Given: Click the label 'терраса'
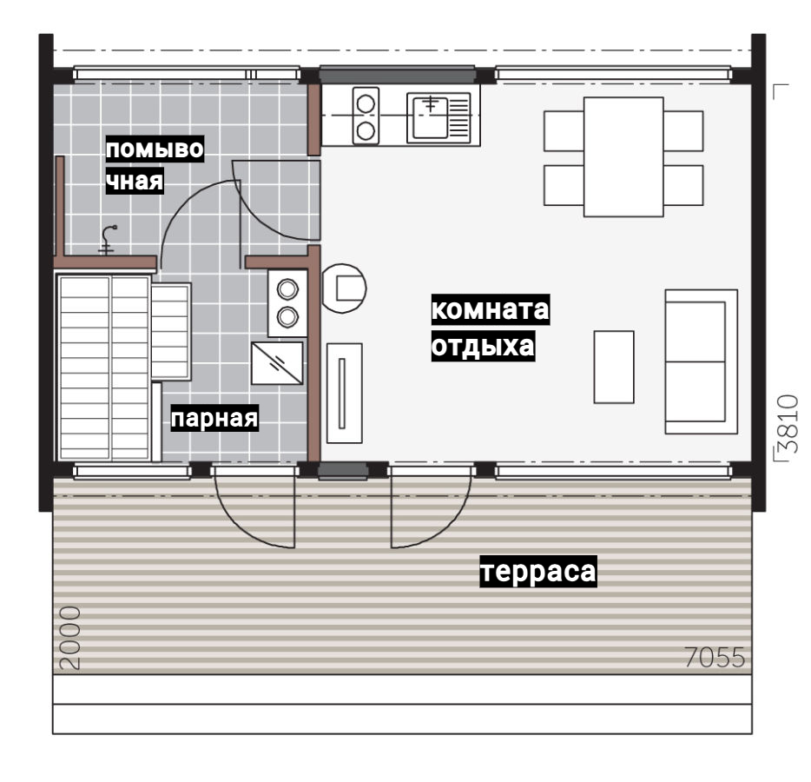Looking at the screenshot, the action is coord(538,572).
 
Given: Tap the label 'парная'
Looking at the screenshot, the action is coord(214,418).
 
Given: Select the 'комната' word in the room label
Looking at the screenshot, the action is coord(491,309).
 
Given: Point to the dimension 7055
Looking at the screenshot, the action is coord(715,657).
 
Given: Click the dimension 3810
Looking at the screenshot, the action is coord(788,424).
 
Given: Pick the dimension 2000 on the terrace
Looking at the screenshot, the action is coord(69,638).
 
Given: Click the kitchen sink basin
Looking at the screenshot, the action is coord(430,117).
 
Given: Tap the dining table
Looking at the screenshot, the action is coord(623,156).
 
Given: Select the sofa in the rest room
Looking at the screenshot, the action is coord(701,361).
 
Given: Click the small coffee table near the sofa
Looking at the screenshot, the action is coord(614,367).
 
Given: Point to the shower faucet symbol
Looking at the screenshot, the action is coord(109,240).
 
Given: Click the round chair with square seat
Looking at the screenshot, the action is coord(344,288).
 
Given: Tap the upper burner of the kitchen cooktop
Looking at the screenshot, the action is coord(366,103).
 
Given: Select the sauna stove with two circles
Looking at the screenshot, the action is coord(287,303).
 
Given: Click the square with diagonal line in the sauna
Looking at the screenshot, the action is coord(277,363).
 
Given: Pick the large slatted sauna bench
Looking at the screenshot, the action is coord(104,368).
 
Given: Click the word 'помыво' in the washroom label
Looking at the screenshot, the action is coord(155,149).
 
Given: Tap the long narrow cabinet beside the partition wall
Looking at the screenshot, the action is coord(345,394).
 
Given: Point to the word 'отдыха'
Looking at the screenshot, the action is coord(483,346).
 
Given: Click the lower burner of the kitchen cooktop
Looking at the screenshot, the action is coord(366,131).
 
